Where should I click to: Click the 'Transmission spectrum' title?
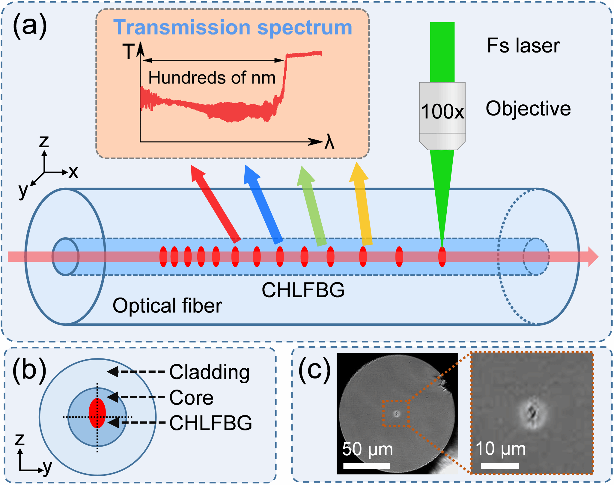coord(233,28)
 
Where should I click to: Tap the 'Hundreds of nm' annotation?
coord(212,78)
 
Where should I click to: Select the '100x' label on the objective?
coord(442,112)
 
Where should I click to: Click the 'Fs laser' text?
coord(523,46)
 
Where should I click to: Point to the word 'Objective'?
coord(528,109)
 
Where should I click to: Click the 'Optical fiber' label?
coord(167,306)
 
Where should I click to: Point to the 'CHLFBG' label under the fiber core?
coord(303,290)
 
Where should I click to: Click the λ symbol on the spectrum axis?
coord(329,142)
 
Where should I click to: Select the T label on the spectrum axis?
coord(129,52)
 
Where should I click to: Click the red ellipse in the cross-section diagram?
coord(97,413)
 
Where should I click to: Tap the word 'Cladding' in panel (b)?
coord(209,372)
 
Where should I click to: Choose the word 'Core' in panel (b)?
coord(191,398)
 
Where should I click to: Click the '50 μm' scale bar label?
coord(367,449)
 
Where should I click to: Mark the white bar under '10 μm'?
coord(500,466)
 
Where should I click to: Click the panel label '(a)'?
coord(30,26)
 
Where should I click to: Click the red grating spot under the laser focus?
coord(442,257)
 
